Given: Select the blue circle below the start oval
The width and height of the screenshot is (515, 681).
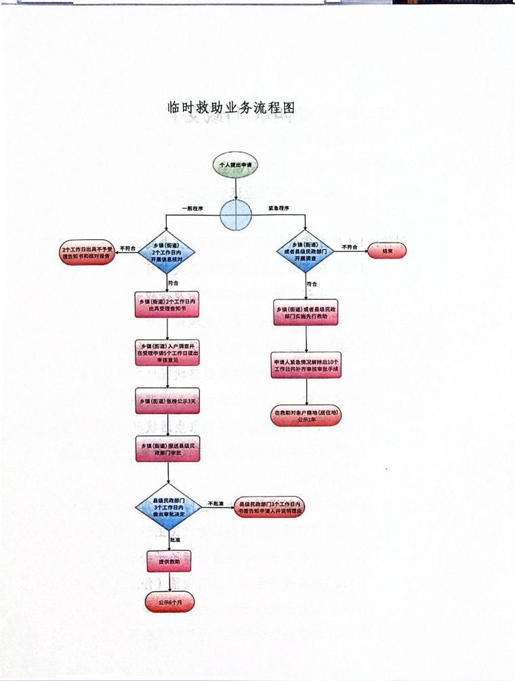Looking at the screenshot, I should [236, 215].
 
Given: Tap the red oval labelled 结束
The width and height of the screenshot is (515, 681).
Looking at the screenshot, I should [387, 251].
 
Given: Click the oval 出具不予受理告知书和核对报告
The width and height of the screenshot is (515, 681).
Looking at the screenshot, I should [89, 253].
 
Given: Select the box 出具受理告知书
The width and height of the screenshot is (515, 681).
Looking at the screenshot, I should [167, 305].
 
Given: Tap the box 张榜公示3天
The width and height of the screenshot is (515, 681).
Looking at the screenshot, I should [167, 401].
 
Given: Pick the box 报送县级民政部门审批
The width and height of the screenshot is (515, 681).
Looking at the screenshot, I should [167, 449].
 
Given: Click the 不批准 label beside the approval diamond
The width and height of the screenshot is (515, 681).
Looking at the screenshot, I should [215, 503].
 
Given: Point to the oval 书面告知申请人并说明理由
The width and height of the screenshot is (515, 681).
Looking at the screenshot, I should [268, 508].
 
